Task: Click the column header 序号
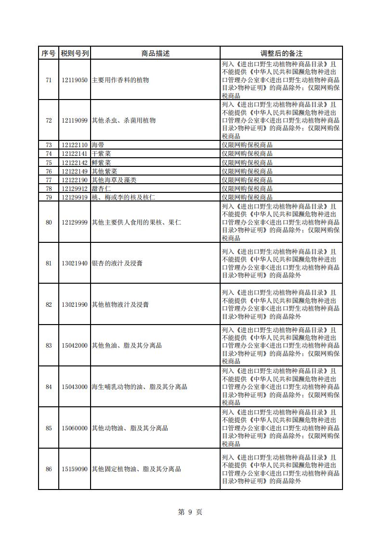click(x=48, y=53)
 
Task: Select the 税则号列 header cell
click(x=75, y=53)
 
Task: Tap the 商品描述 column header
click(x=155, y=53)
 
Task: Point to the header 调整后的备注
click(x=281, y=53)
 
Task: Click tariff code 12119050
click(x=75, y=80)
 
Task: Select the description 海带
click(x=98, y=145)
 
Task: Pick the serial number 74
click(x=49, y=153)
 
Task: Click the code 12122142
click(x=75, y=163)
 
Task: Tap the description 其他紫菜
click(x=105, y=171)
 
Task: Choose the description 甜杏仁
click(x=101, y=188)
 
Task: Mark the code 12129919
click(x=75, y=197)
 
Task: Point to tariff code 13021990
click(x=75, y=304)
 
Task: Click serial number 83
click(x=49, y=345)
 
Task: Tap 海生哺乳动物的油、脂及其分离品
click(x=139, y=387)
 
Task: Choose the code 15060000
click(x=75, y=428)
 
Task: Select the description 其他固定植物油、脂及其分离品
click(x=136, y=469)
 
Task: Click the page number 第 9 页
click(x=190, y=512)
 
